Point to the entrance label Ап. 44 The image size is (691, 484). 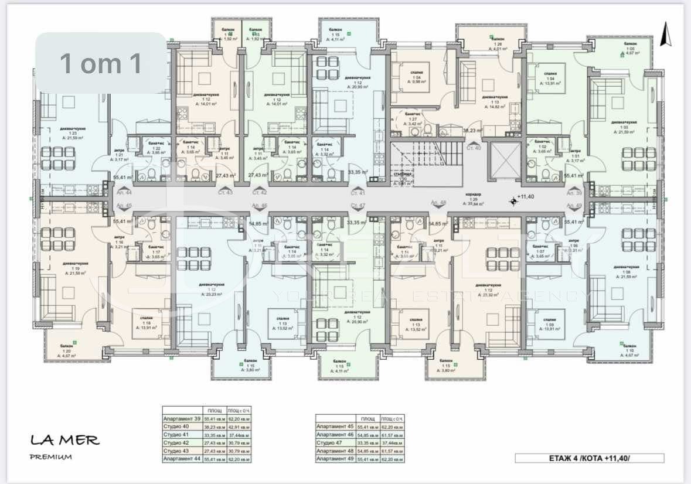(124, 192)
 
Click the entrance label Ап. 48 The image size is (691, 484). (438, 203)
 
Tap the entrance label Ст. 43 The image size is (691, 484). (225, 192)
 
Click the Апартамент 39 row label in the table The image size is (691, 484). (181, 419)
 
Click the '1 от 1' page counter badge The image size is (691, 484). (101, 63)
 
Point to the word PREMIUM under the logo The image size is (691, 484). (50, 457)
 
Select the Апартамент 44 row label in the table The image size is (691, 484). (181, 459)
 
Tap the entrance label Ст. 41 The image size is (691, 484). (358, 192)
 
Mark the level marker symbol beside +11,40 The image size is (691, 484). (514, 201)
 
